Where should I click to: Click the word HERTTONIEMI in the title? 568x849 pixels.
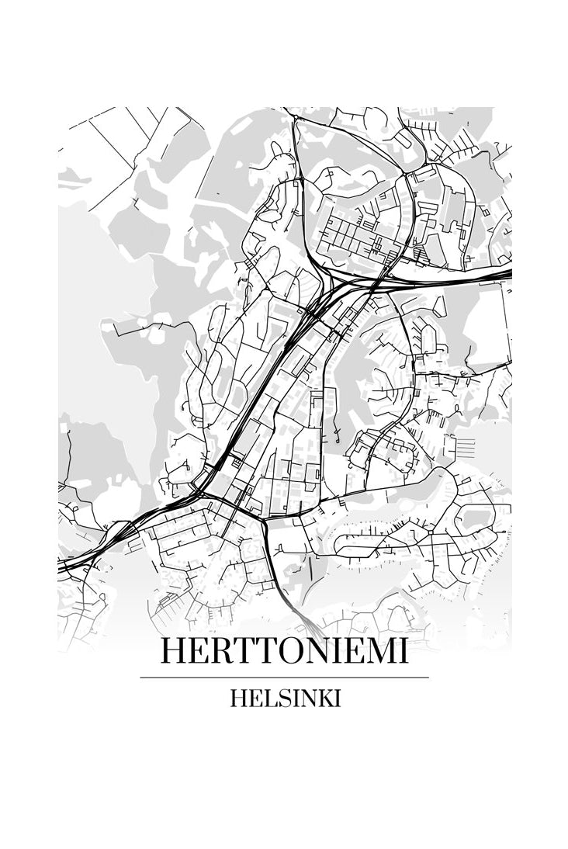point(284,652)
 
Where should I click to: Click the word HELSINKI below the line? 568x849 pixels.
point(286,698)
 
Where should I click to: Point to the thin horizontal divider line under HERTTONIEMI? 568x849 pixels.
point(284,677)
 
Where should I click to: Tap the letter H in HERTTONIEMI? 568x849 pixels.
point(172,652)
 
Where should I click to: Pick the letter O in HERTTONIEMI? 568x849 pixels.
point(283,652)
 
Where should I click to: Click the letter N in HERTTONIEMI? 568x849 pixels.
point(312,652)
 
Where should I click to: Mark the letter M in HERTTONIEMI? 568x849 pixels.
point(375,652)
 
